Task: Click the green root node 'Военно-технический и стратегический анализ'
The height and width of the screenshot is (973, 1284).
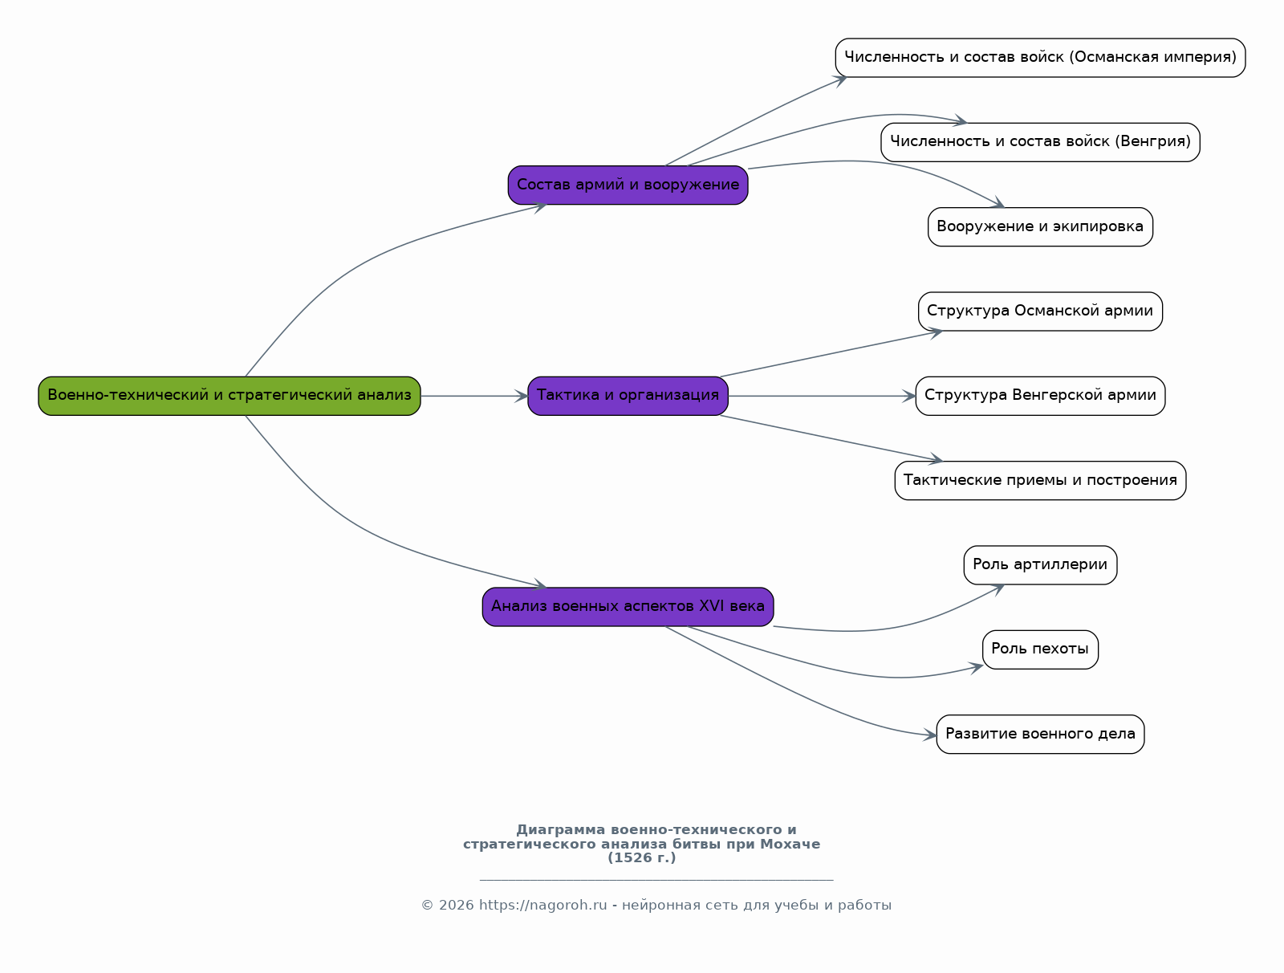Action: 230,396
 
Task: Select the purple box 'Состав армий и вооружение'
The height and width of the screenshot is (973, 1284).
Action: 628,185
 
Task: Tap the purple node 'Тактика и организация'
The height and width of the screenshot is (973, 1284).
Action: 628,396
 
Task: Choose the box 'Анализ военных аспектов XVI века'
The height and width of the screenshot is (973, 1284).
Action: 628,607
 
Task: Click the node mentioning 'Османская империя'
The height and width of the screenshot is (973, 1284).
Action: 1040,58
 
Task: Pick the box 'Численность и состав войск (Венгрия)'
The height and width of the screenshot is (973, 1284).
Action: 1040,142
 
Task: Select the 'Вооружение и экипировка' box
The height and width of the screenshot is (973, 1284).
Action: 1040,227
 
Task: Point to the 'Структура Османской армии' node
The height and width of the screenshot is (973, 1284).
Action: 1040,311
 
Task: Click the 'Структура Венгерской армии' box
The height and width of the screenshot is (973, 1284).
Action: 1040,396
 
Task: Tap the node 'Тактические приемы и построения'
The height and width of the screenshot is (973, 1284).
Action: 1040,480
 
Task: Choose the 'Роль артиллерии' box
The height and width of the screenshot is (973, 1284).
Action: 1040,565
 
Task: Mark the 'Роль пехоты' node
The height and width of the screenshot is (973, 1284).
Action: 1040,649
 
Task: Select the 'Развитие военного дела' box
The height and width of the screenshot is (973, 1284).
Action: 1040,735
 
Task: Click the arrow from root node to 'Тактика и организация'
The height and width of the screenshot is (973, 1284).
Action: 474,396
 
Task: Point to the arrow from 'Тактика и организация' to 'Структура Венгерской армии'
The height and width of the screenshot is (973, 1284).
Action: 822,396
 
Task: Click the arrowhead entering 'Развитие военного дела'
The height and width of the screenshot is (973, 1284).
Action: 930,735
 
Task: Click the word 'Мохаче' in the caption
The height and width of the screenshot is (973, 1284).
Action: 790,845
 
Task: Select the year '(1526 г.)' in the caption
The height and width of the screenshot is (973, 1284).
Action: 642,858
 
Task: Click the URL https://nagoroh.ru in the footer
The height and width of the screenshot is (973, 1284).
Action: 542,905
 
